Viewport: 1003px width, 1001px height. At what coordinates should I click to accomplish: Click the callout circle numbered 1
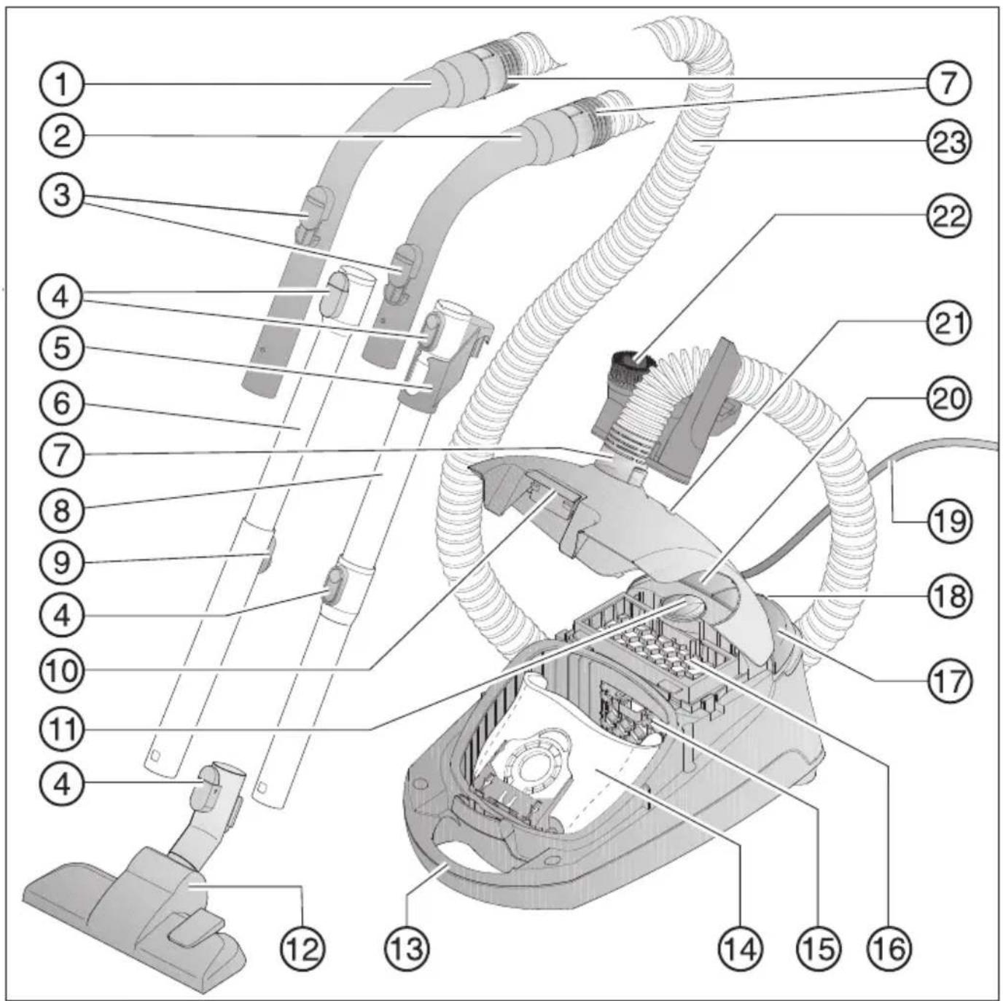[62, 84]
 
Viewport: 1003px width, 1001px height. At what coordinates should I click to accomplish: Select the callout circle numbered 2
[62, 136]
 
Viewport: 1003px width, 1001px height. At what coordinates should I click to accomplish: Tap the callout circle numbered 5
[62, 348]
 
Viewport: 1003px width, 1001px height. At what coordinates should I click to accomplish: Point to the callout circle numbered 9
[62, 562]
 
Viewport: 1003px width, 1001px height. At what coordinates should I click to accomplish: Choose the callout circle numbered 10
[62, 670]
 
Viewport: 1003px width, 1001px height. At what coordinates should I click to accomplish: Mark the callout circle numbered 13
[407, 949]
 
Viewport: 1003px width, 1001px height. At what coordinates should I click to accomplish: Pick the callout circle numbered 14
[741, 949]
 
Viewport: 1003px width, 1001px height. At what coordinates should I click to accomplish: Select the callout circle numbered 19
[948, 521]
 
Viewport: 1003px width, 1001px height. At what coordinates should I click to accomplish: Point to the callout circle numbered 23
[948, 141]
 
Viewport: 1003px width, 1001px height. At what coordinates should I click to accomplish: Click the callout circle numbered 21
[948, 323]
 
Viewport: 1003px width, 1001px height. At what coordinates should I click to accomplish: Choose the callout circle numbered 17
[948, 681]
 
